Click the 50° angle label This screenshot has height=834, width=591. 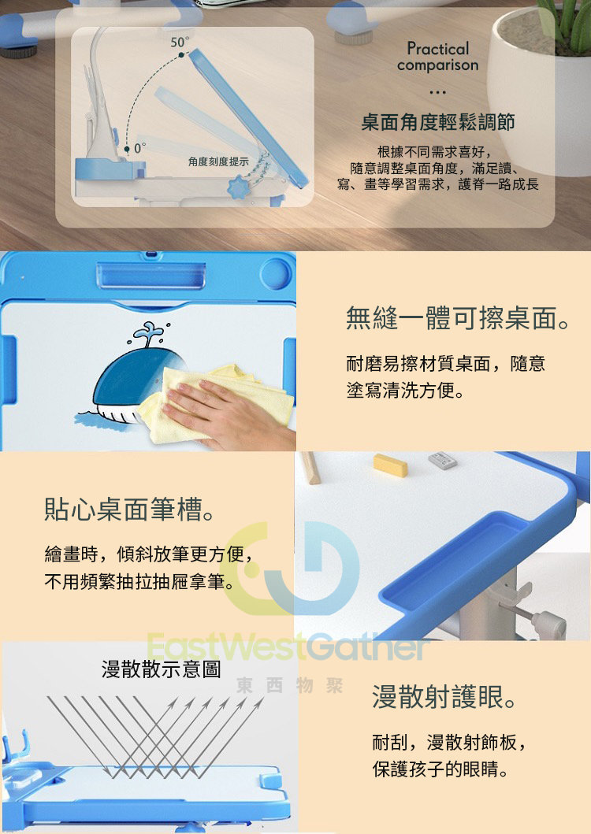coord(180,42)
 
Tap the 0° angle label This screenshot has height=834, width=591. coord(139,148)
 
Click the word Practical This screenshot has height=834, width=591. coord(437,48)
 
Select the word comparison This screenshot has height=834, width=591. coord(437,65)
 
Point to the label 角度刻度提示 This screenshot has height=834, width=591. coord(218,161)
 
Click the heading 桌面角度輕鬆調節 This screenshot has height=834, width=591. coord(437,122)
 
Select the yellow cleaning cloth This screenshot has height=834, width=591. coord(213,402)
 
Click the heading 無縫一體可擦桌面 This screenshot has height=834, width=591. coord(458,318)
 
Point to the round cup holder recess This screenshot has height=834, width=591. coord(276,274)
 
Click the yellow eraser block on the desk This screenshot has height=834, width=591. coord(390,465)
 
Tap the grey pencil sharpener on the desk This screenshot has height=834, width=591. coord(442,460)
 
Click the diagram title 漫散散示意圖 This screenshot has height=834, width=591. coord(161,669)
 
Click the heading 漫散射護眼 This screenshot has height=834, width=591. coord(444,697)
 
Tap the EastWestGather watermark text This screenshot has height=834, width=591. coord(288,647)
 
